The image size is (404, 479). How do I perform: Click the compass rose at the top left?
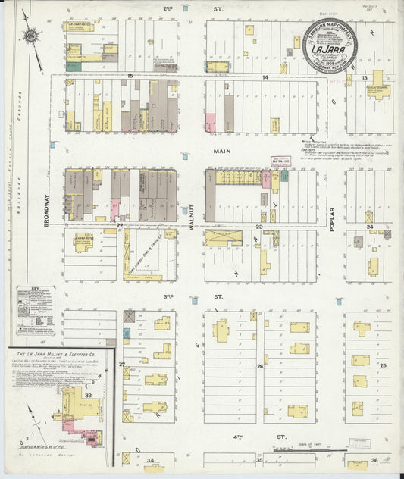point(30,34)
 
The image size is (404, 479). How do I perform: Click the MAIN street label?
point(221,152)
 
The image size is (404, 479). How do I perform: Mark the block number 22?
point(120,225)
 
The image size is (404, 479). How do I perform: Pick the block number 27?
point(121,365)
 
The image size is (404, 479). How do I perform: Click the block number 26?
point(259,366)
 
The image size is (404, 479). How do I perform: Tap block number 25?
point(383,366)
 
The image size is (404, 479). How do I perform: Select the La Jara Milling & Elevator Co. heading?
point(61,356)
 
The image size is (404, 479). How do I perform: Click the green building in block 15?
point(74,67)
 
